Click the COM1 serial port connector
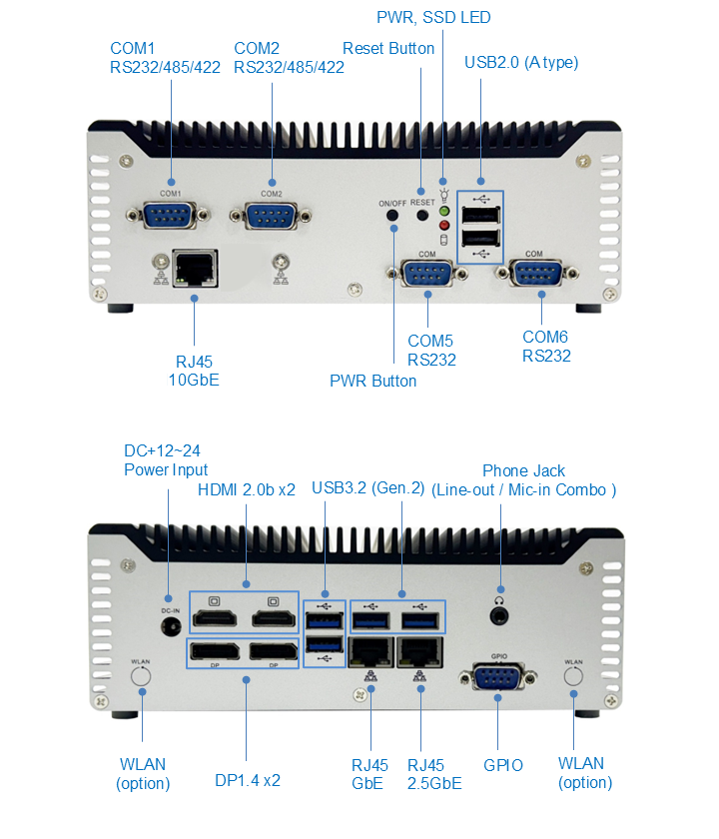[170, 214]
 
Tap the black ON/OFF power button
[393, 215]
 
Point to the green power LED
[443, 212]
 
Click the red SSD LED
[443, 226]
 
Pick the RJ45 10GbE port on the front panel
[194, 267]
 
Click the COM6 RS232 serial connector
[534, 275]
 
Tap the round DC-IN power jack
[169, 625]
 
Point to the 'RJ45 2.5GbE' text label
[434, 774]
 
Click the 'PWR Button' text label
[372, 381]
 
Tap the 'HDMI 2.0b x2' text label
[247, 489]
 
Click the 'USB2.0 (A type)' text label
[521, 62]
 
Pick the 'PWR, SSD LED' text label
[433, 18]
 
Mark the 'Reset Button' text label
[388, 48]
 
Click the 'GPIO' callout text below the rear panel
[503, 766]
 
